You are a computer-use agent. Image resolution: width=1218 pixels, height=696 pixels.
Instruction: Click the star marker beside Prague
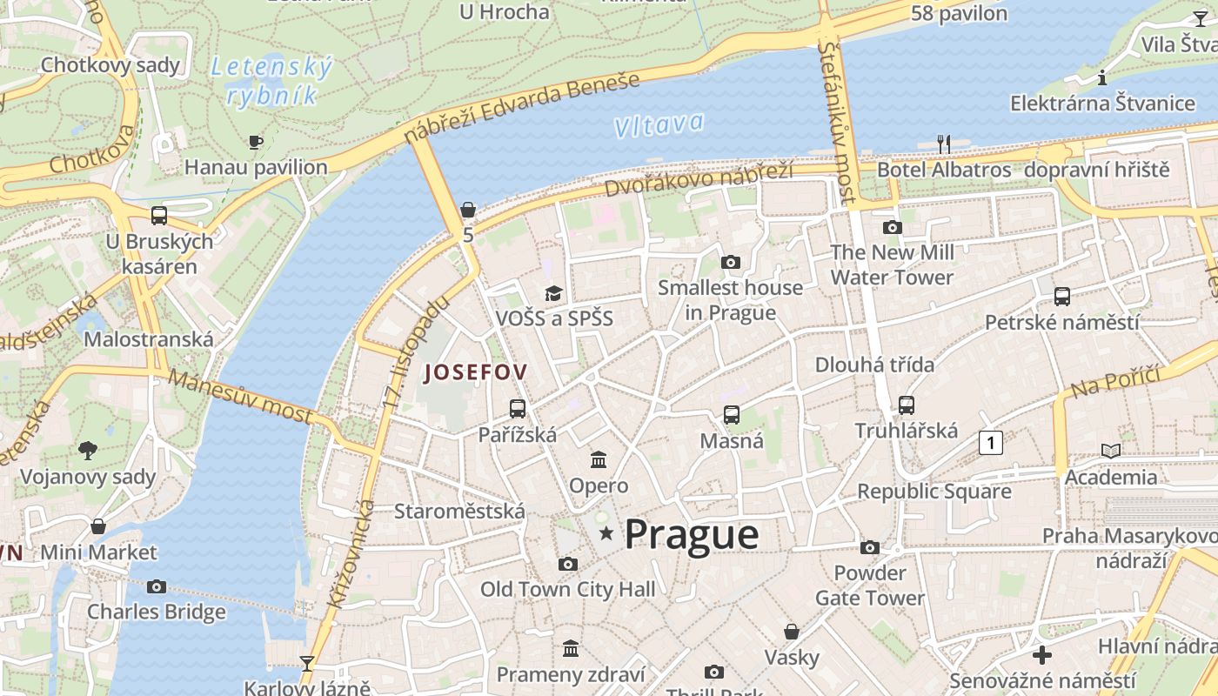click(606, 533)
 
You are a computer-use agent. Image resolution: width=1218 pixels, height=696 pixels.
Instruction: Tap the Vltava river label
click(658, 125)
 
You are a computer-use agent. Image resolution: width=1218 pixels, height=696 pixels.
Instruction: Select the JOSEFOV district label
click(475, 373)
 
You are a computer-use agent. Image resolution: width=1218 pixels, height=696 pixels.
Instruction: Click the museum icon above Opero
click(599, 459)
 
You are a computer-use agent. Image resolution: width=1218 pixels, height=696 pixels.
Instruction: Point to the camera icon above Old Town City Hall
click(568, 564)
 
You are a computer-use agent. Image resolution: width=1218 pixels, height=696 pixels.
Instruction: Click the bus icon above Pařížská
click(518, 408)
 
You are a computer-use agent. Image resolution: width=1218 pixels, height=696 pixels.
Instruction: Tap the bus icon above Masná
click(732, 415)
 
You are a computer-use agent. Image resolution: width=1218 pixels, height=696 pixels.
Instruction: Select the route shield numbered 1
click(990, 443)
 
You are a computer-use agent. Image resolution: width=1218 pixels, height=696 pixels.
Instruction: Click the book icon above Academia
click(1111, 451)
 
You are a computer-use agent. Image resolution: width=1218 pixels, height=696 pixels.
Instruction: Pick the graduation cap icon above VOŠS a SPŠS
click(553, 292)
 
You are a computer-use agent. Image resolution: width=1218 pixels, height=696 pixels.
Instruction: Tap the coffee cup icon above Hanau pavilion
click(256, 141)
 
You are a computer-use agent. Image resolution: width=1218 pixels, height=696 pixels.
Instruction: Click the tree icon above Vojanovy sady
click(87, 450)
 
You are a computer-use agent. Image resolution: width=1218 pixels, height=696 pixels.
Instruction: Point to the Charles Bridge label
click(157, 612)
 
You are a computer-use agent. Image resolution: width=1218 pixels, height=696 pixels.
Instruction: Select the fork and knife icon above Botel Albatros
click(943, 144)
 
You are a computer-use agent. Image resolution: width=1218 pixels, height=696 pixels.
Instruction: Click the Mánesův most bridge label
click(240, 396)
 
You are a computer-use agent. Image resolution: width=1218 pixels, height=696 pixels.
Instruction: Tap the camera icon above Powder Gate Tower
click(869, 547)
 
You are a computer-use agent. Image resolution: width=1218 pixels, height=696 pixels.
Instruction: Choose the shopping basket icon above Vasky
click(792, 631)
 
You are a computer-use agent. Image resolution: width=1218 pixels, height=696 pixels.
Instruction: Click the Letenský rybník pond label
click(272, 81)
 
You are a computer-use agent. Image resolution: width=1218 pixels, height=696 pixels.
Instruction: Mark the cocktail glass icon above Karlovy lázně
click(306, 663)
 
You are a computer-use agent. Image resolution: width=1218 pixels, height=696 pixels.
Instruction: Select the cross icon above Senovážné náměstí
click(1041, 655)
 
